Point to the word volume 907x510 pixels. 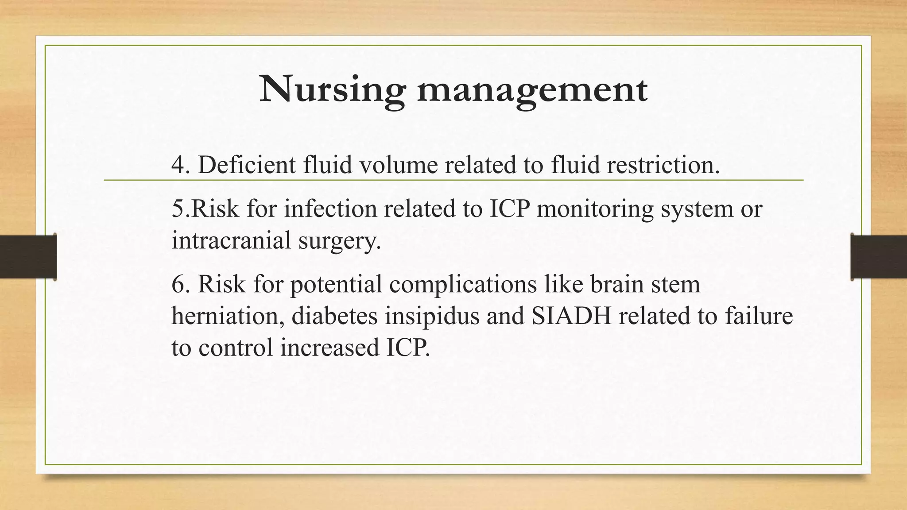click(x=398, y=165)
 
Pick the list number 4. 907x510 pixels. click(x=178, y=165)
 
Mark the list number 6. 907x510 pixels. click(x=178, y=284)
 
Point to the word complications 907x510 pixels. click(x=463, y=285)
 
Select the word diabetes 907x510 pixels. click(x=334, y=316)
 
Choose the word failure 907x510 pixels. click(x=759, y=316)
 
